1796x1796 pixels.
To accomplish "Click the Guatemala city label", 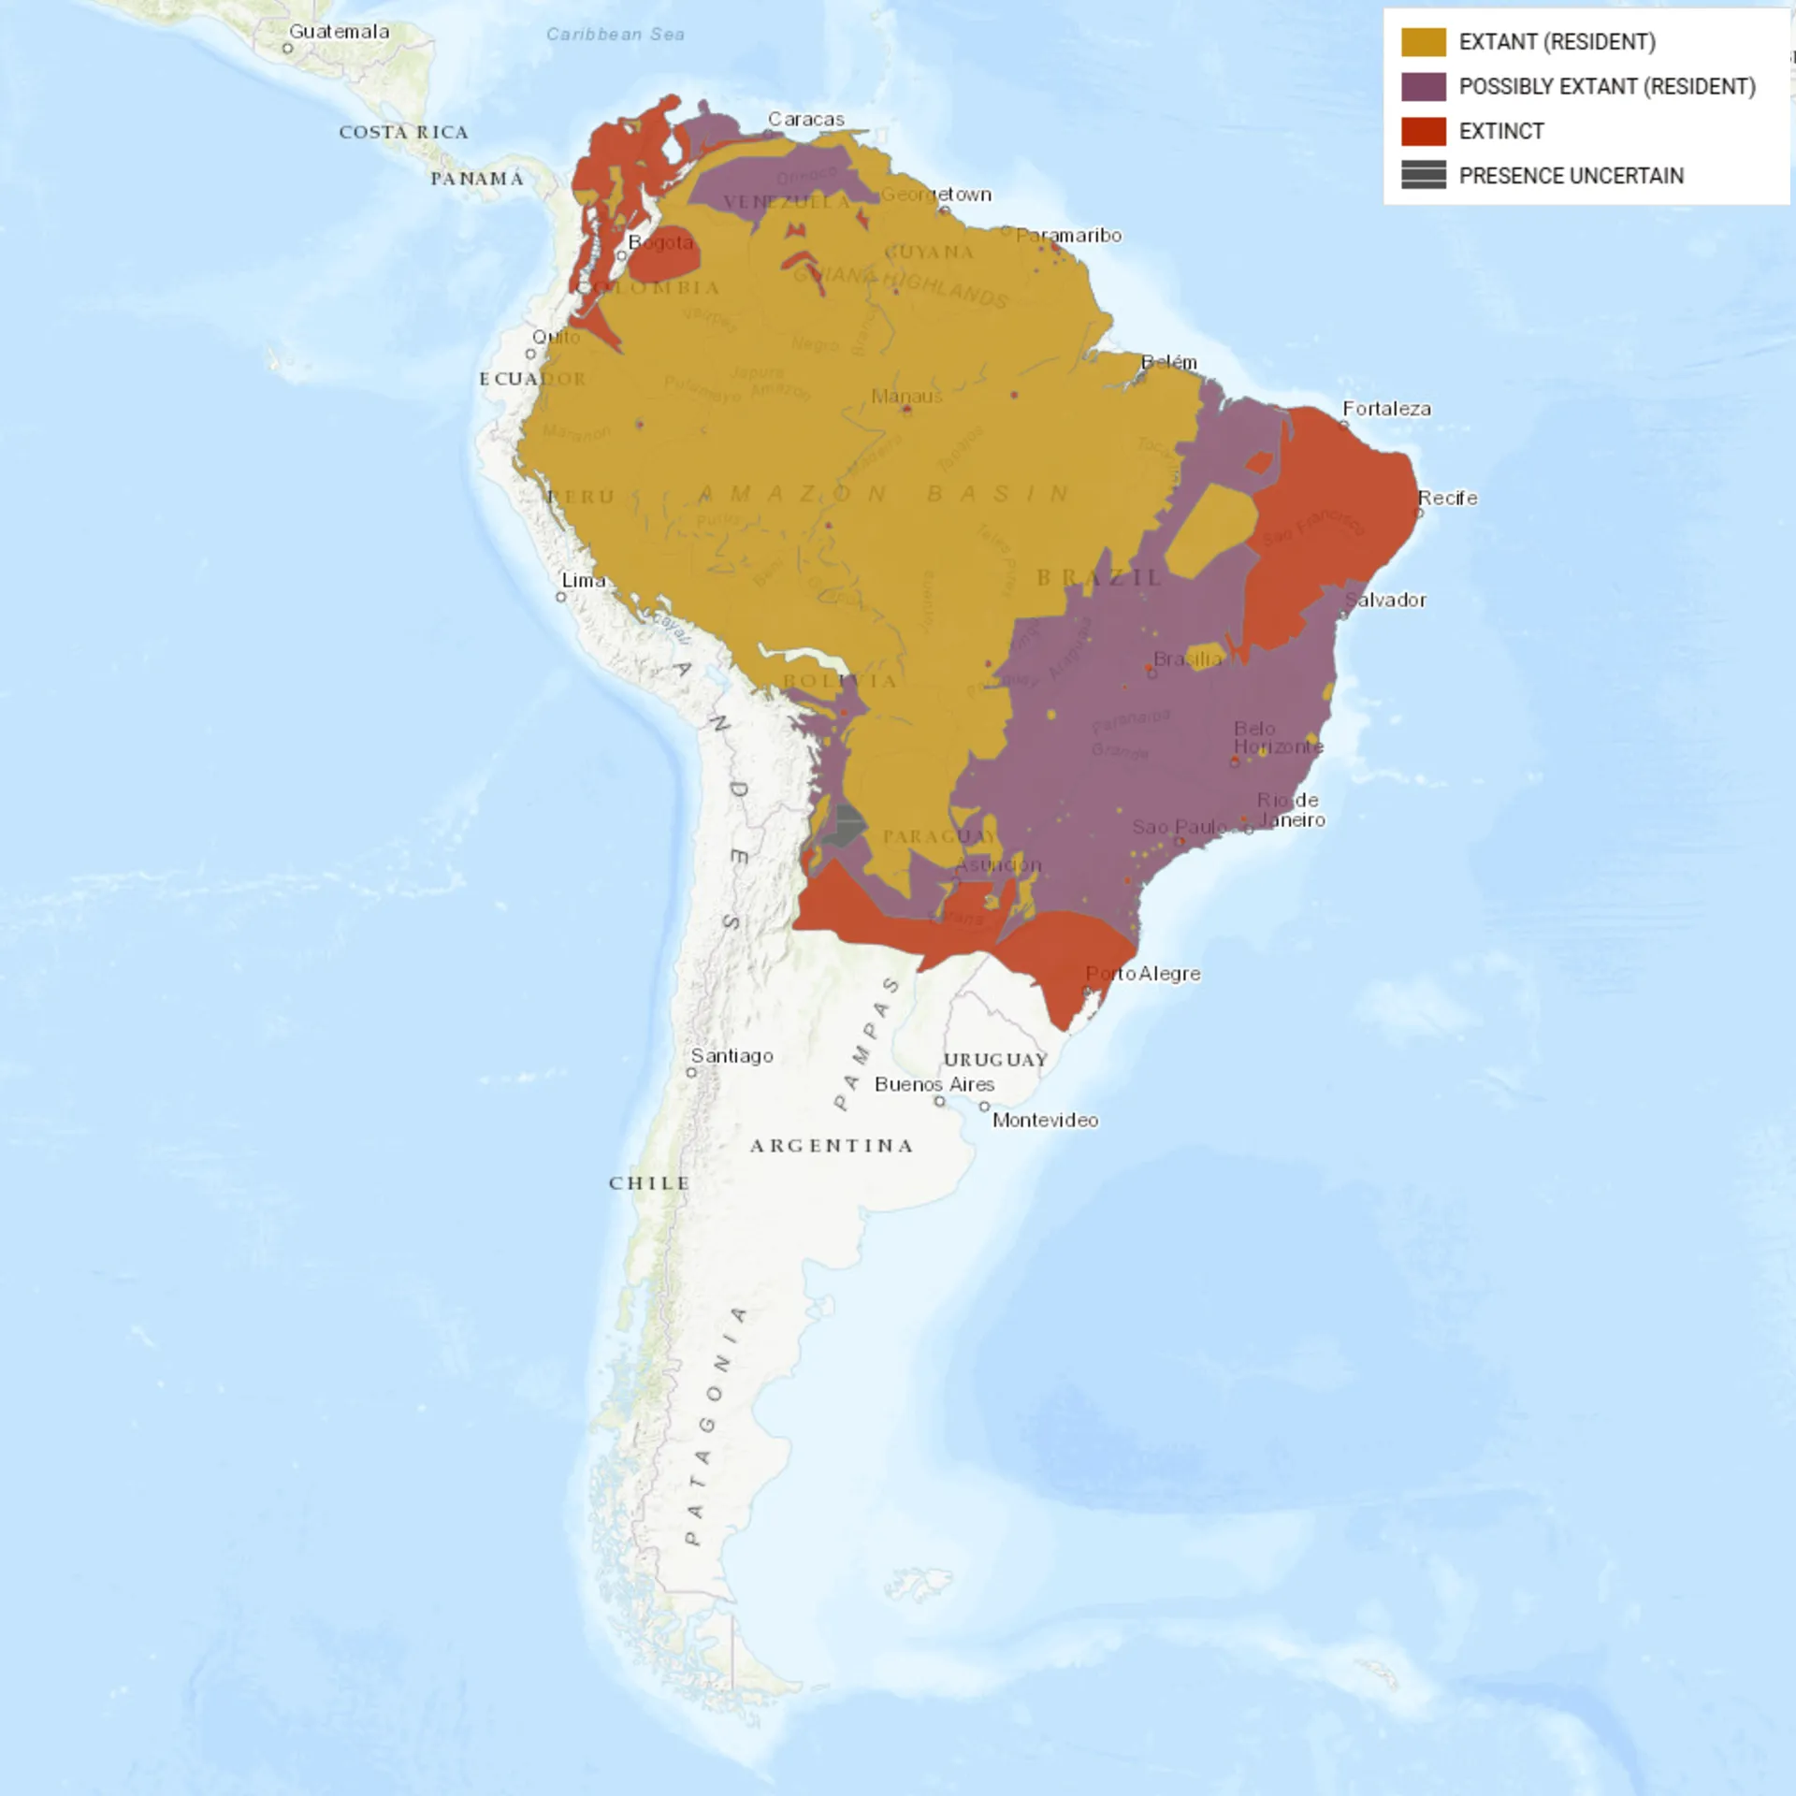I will tap(339, 32).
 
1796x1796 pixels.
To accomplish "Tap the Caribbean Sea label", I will tap(615, 35).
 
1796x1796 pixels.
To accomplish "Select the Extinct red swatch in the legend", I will tap(1423, 131).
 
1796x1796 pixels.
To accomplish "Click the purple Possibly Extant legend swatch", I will tap(1423, 87).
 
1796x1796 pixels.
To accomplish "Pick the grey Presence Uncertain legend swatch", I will tap(1423, 175).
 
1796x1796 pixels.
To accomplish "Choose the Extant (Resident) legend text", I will tap(1557, 42).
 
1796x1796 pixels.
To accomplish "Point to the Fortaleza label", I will tap(1386, 409).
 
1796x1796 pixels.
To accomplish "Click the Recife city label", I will tap(1447, 498).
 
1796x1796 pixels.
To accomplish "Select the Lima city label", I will tap(584, 581).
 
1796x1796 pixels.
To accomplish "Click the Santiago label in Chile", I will tap(731, 1056).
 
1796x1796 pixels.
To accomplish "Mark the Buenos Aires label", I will tap(934, 1085).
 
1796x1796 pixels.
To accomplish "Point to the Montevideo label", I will tap(1045, 1121).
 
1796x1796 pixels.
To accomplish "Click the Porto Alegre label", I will tap(1143, 974).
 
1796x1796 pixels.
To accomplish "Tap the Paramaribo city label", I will tap(1068, 236).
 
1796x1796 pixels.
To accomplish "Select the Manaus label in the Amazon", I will tap(906, 397).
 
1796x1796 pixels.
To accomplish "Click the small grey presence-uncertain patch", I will tap(847, 825).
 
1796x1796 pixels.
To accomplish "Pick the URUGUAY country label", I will tap(995, 1060).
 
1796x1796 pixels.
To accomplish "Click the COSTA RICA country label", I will tap(403, 133).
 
